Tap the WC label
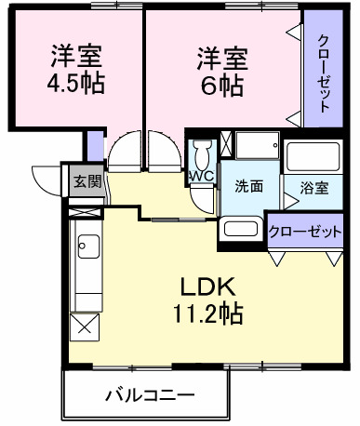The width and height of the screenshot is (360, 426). click(x=202, y=176)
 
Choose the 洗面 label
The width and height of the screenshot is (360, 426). click(x=247, y=186)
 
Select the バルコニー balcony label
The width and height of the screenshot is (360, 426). click(x=149, y=394)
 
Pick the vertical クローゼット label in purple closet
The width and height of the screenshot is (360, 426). click(x=323, y=73)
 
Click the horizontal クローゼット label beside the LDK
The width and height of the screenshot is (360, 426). click(x=305, y=233)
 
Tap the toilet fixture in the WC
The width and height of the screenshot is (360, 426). click(x=203, y=153)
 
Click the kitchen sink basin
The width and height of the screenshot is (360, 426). click(x=89, y=248)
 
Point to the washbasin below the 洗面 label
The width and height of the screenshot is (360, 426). click(x=243, y=229)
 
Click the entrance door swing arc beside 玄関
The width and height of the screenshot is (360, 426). click(x=45, y=177)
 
